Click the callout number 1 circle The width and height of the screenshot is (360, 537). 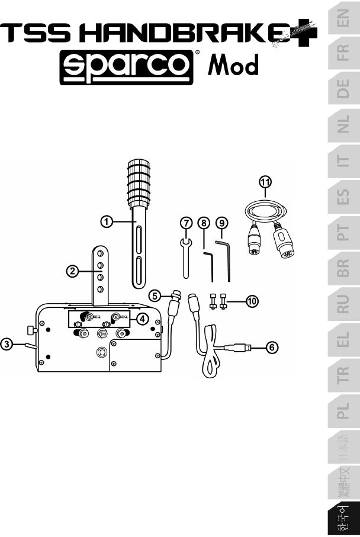[107, 222]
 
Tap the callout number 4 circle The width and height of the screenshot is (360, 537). [143, 319]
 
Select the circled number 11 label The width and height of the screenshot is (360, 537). [265, 182]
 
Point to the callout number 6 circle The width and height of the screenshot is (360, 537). [272, 348]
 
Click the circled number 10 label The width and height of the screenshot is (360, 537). [252, 301]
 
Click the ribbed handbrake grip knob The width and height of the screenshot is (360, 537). [139, 184]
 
